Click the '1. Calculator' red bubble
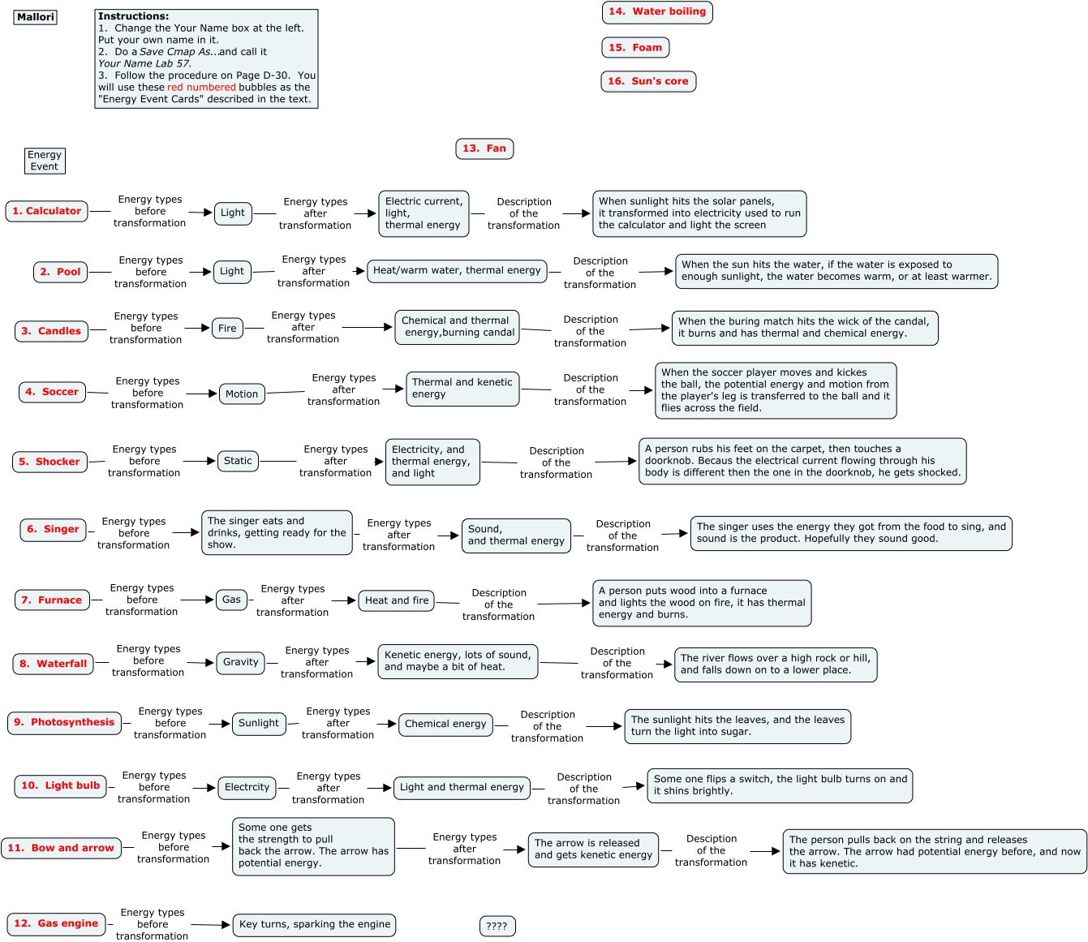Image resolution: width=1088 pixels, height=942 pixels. (x=46, y=211)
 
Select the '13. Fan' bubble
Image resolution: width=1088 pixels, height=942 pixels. (x=484, y=148)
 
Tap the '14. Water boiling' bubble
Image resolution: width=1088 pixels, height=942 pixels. (x=656, y=12)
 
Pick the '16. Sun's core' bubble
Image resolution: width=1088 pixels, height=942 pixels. (x=648, y=81)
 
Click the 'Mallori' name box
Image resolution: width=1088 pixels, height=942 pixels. (x=36, y=17)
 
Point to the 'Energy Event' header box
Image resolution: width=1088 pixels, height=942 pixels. (x=45, y=161)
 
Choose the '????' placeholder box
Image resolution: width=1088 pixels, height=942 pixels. (x=497, y=926)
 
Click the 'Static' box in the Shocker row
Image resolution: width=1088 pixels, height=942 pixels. (x=238, y=461)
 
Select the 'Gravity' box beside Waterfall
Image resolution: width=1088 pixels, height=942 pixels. (x=240, y=662)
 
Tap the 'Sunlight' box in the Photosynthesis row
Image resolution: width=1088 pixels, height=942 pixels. (x=259, y=723)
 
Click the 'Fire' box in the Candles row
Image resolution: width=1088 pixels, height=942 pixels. (x=227, y=329)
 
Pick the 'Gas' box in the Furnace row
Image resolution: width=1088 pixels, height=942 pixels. (x=231, y=600)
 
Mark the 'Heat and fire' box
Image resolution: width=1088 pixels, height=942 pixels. (x=397, y=600)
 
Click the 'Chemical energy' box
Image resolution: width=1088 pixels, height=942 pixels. (x=445, y=724)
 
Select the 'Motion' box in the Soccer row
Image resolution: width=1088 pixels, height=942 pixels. (x=242, y=394)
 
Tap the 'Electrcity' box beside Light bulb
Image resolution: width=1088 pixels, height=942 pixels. (x=247, y=787)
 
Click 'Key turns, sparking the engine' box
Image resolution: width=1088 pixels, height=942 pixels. (x=315, y=924)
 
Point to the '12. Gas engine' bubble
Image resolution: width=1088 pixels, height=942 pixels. (x=56, y=923)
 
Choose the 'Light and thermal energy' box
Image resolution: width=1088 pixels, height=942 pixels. (x=462, y=787)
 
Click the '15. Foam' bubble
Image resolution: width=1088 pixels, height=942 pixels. (x=635, y=48)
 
